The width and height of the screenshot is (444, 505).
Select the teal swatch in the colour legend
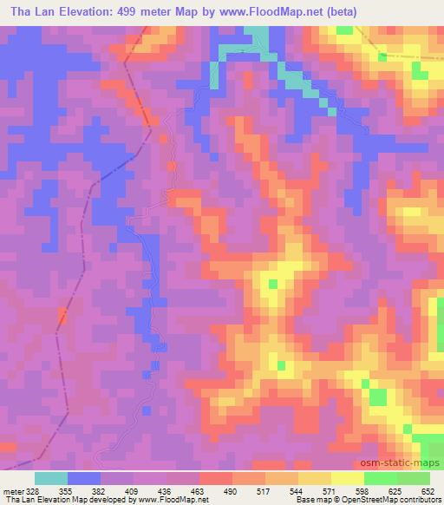(51, 478)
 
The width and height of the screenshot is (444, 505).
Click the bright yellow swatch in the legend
(347, 478)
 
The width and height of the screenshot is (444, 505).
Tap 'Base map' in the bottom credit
(310, 500)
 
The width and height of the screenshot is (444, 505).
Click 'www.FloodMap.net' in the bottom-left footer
(171, 500)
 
